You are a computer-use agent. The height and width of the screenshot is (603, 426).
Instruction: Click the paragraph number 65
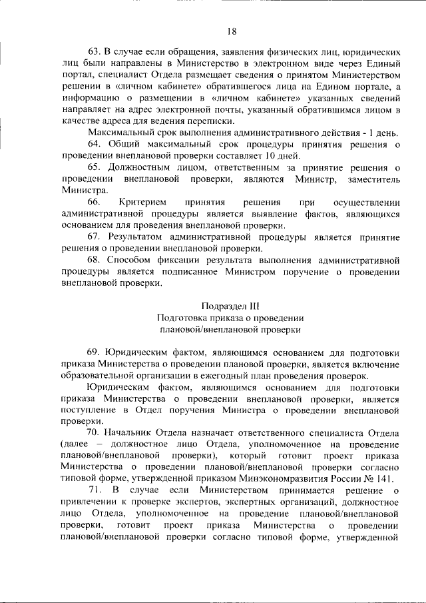click(94, 167)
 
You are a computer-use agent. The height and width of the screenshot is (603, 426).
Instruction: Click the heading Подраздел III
click(230, 306)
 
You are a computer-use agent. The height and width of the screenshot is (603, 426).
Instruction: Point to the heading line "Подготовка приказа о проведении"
click(230, 318)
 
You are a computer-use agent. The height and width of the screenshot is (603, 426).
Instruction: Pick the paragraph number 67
click(94, 237)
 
